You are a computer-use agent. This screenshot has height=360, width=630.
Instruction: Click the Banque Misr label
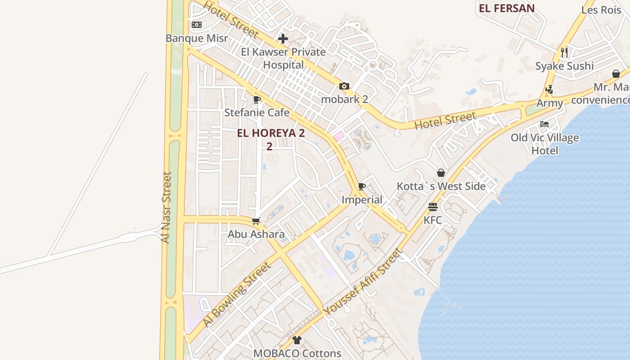[197, 38]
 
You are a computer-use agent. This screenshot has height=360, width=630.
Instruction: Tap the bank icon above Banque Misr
[197, 25]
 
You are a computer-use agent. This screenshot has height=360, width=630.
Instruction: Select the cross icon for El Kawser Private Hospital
[283, 39]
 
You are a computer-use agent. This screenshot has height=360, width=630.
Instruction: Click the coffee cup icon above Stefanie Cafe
[257, 99]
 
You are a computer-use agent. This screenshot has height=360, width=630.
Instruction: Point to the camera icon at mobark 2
[344, 86]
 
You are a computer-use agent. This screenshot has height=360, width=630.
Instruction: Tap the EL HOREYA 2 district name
[271, 133]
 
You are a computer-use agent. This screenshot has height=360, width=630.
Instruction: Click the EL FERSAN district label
[507, 8]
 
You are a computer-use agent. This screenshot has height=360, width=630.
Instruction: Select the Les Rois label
[601, 10]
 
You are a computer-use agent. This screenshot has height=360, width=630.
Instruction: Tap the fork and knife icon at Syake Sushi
[564, 52]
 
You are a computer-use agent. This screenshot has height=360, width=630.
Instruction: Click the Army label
[549, 103]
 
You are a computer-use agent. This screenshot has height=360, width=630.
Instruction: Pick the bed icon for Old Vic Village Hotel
[544, 124]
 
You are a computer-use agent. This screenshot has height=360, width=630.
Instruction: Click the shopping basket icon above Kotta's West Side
[441, 173]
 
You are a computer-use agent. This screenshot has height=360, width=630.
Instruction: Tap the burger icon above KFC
[433, 207]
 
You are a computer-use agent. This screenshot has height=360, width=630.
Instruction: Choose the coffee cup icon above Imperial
[362, 186]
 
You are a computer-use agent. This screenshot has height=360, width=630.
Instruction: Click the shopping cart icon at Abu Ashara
[256, 221]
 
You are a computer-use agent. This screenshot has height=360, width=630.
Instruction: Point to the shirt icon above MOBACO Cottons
[297, 340]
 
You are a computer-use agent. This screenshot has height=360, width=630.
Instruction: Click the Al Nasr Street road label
[166, 207]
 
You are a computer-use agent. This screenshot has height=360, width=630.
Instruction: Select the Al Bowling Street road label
[237, 294]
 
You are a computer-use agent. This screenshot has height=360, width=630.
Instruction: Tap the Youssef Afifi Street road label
[362, 282]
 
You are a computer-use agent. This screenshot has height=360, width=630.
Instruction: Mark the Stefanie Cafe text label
[256, 112]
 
